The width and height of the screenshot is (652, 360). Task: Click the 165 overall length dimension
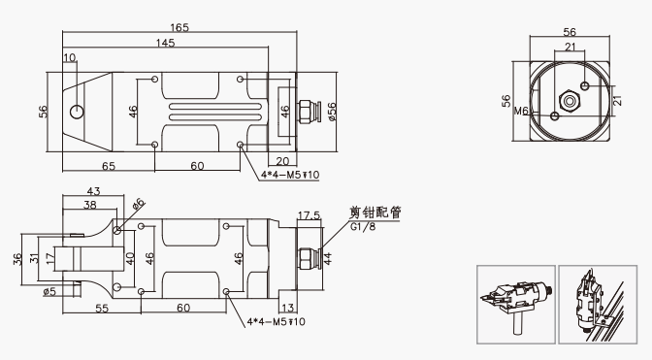point(179,27)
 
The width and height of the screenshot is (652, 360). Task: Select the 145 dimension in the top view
point(166,43)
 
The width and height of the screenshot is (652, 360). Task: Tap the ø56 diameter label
point(332,112)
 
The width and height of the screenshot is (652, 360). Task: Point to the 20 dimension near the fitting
point(282,161)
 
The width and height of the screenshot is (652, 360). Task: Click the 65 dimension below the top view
point(109,166)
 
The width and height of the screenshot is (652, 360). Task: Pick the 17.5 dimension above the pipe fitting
point(310,215)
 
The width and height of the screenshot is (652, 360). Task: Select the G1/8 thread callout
point(363,227)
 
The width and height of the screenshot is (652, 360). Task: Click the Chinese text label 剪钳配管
point(375,213)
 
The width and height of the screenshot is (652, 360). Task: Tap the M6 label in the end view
point(521,111)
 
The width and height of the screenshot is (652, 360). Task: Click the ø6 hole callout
point(139,203)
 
